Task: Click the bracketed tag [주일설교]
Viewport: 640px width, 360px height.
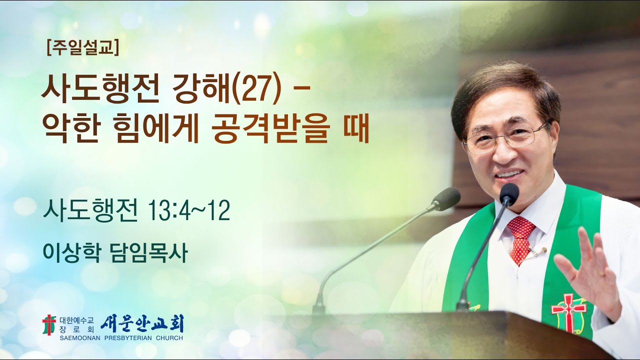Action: (x=82, y=48)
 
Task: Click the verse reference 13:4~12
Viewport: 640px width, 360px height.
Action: (x=189, y=211)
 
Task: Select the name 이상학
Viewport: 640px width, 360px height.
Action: (x=72, y=253)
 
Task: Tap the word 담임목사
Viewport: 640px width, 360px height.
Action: (x=148, y=253)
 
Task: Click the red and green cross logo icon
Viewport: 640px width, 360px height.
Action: (x=49, y=324)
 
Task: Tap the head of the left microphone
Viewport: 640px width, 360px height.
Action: (x=446, y=198)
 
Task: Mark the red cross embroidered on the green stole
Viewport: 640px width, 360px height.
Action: (x=568, y=310)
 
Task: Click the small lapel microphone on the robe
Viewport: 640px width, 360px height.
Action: (x=540, y=250)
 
